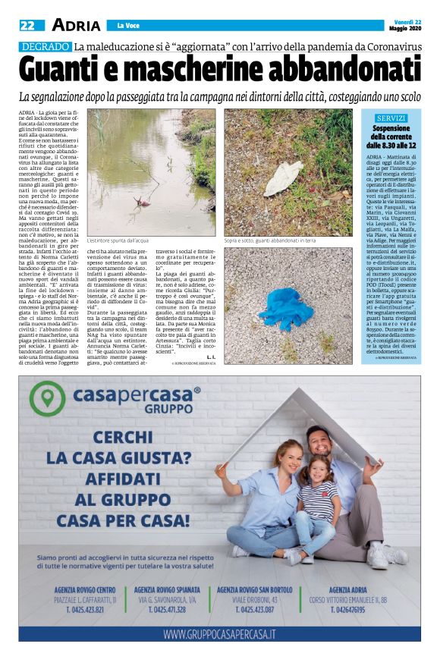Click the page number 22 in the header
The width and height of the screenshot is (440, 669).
coord(27,26)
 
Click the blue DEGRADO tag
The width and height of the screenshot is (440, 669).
coord(45,47)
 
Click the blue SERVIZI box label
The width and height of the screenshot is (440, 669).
coord(391,118)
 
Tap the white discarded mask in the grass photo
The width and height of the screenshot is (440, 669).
coord(283,176)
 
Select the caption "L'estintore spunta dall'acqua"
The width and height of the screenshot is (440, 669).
coord(118,240)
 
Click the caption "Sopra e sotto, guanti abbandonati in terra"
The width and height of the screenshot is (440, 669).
coord(269,240)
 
